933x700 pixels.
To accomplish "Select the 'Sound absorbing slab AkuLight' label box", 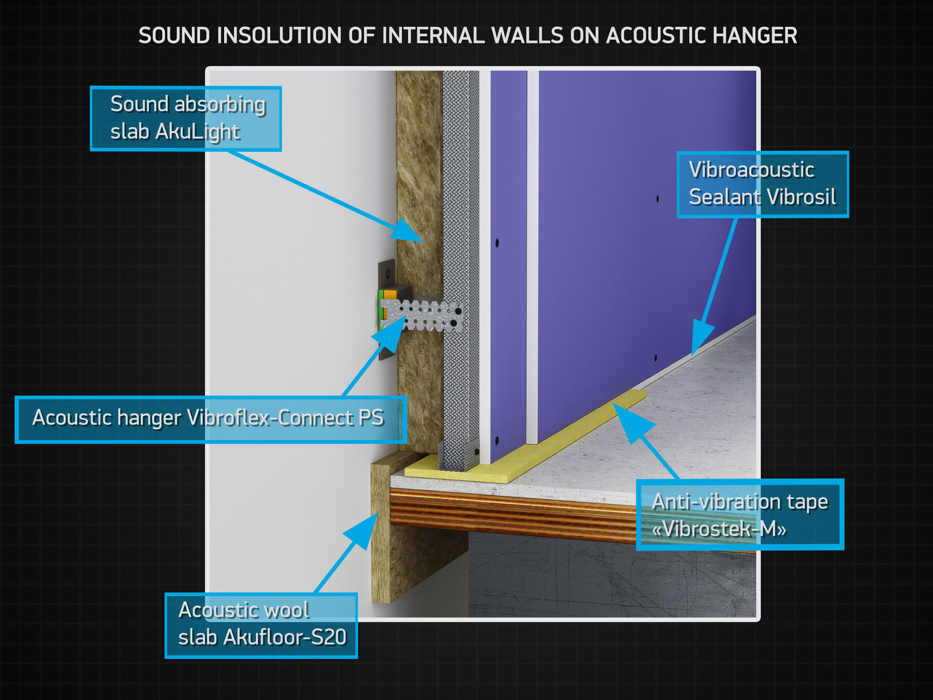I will (x=186, y=118).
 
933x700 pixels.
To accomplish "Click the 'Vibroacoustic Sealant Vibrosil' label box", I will (x=762, y=184).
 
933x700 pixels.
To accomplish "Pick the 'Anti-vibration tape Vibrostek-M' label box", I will (x=739, y=515).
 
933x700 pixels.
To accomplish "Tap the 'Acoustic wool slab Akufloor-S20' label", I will (x=261, y=625).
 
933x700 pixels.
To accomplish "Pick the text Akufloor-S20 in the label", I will (x=285, y=638).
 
